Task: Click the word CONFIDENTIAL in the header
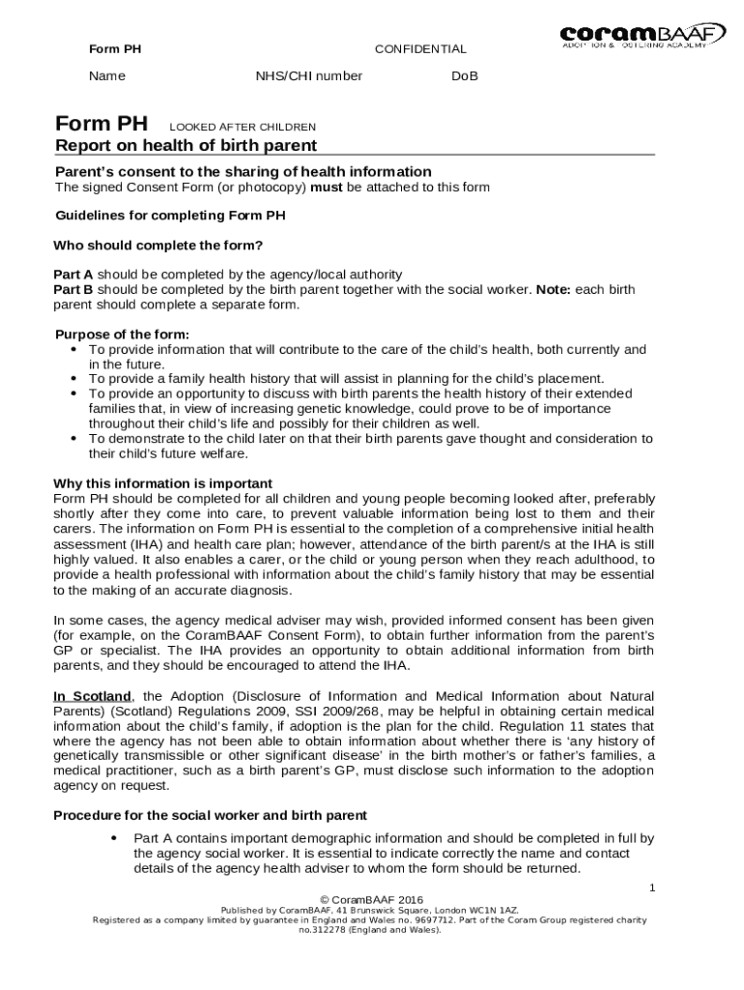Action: [419, 48]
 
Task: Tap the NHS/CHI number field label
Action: [308, 76]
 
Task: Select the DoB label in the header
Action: [465, 76]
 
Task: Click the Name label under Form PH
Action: [106, 76]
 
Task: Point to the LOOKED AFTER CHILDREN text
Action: [243, 127]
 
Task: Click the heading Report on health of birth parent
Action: [186, 146]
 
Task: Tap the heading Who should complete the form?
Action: [157, 245]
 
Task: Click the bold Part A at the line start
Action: [73, 275]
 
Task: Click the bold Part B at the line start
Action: [73, 289]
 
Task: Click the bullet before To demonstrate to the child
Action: [75, 439]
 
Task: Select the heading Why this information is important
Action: [162, 483]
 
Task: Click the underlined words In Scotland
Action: [92, 696]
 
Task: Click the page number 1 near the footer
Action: [652, 887]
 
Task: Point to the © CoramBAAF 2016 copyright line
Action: [371, 900]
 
